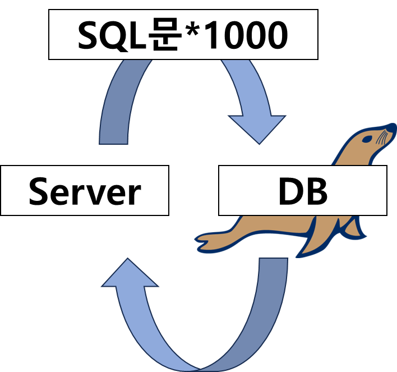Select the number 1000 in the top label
point(246,35)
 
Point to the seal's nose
point(391,127)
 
